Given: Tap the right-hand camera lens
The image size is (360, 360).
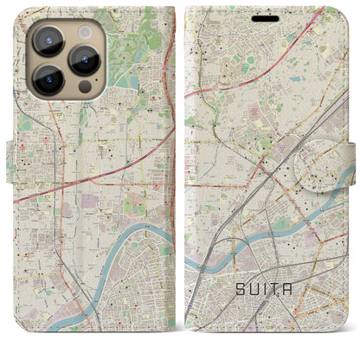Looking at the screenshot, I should (x=85, y=60).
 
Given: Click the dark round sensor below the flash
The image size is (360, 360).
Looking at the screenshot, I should (x=84, y=87).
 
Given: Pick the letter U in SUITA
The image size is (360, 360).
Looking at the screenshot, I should (x=255, y=291).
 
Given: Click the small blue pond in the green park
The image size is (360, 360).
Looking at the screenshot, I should (x=130, y=81).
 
